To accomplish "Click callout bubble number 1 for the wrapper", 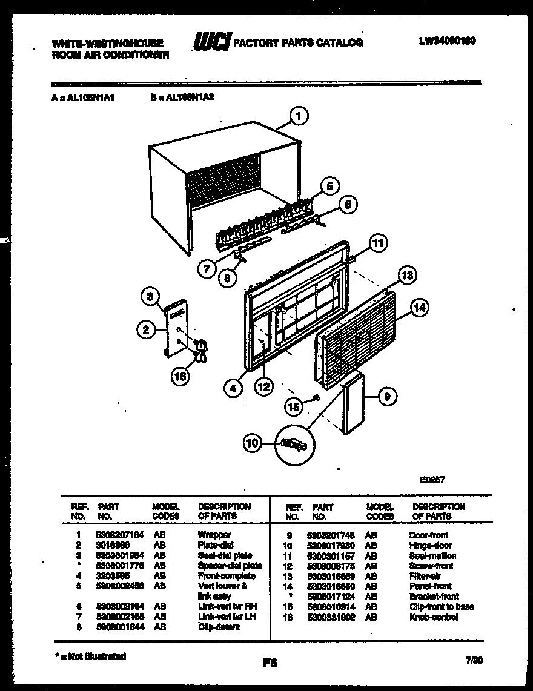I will click(299, 116).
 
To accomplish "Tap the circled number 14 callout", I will click(419, 308).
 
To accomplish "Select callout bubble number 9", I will click(387, 397).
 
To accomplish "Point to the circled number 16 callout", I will click(180, 375).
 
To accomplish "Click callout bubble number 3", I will click(149, 296).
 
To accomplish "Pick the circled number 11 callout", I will click(377, 244).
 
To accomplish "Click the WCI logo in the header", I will click(211, 42).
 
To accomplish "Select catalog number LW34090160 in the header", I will click(447, 41).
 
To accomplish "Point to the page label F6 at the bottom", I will click(270, 663).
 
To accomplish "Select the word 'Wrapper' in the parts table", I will click(214, 535).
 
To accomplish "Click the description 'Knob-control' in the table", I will click(433, 617).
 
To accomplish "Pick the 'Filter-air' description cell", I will click(425, 576).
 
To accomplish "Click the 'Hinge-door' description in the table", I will click(430, 546).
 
